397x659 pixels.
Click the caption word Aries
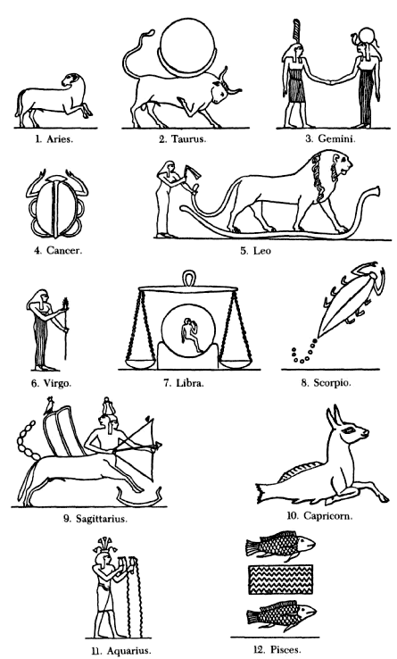pos(59,139)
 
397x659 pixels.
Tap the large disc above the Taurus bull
pos(187,46)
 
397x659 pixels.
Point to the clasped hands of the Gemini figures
pos(332,81)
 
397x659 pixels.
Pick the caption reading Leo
pos(262,251)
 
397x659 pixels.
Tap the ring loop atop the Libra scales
pos(188,279)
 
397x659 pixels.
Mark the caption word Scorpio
pos(332,383)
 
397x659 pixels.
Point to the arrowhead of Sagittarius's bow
pos(158,445)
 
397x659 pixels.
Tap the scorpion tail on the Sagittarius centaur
pos(27,439)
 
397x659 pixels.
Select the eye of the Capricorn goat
pos(348,430)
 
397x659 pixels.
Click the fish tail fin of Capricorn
pos(264,493)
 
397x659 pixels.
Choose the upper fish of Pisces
pos(280,546)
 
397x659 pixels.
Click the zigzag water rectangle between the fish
pos(281,580)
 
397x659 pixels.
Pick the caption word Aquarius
pos(128,651)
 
